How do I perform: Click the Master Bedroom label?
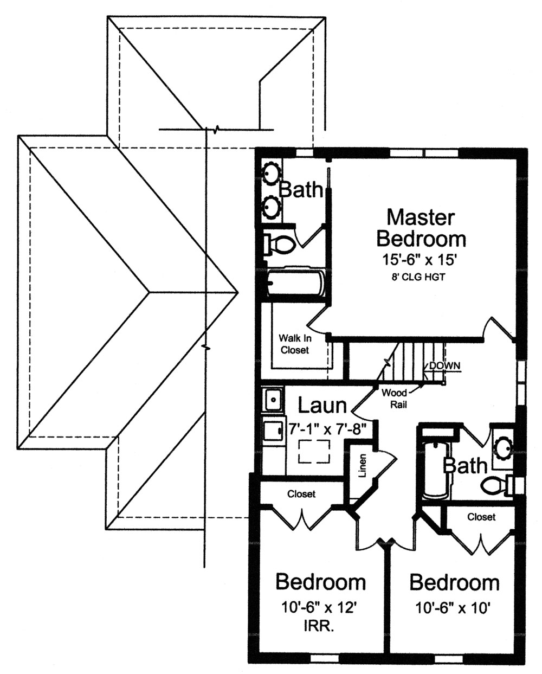[421, 227]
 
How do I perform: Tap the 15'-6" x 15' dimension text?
[421, 259]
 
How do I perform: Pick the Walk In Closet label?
[294, 343]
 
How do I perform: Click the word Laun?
[322, 405]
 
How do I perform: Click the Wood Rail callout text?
[395, 397]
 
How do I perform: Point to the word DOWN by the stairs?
[444, 365]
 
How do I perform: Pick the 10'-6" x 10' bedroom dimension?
[454, 608]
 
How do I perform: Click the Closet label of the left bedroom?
[301, 494]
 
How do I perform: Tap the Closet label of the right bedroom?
[481, 517]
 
